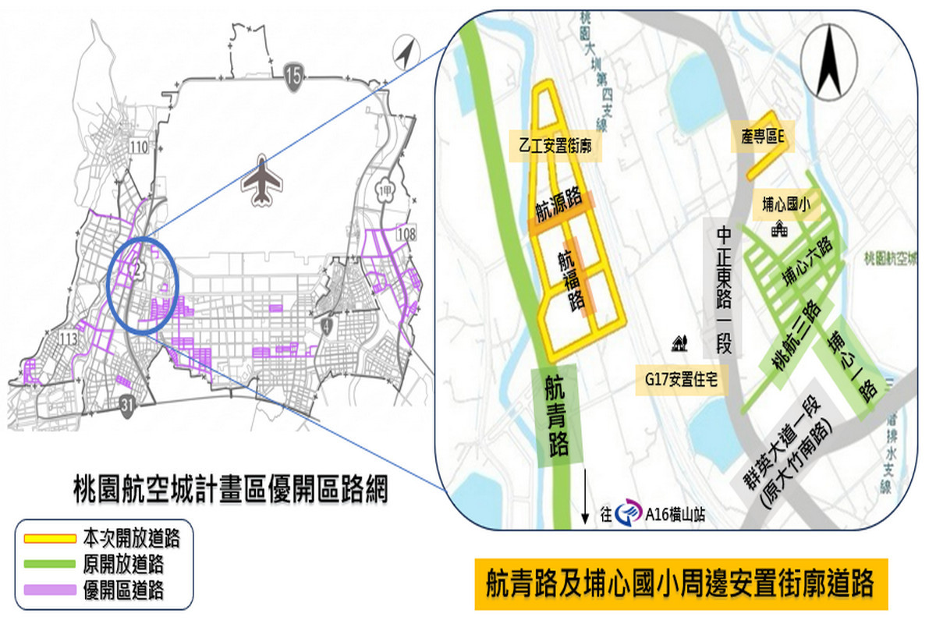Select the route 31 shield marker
tap(130, 402)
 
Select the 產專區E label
tap(762, 136)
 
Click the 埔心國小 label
tap(787, 204)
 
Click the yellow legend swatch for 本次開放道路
tap(49, 538)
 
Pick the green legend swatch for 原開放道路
tap(49, 563)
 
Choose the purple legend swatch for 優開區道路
tap(49, 589)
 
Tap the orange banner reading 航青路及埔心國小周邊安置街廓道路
tap(682, 583)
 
